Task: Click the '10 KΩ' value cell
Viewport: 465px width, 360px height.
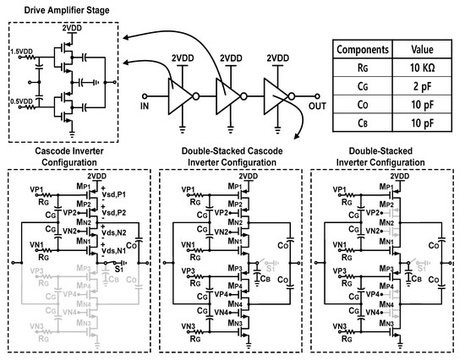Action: tap(422, 66)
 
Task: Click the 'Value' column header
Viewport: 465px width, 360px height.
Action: tap(422, 48)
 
